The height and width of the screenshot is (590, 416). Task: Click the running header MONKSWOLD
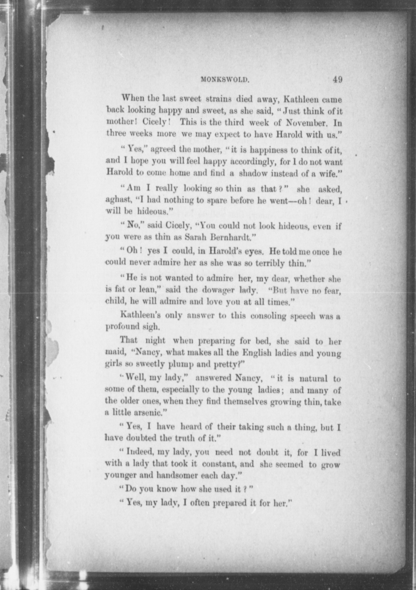click(x=224, y=80)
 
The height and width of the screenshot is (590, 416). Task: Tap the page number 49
click(x=337, y=79)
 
